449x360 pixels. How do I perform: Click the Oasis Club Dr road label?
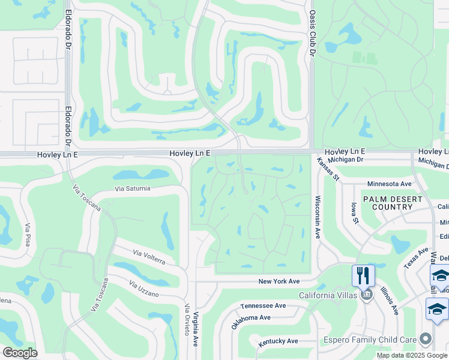tap(312, 33)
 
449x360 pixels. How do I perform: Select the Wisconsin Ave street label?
tap(318, 217)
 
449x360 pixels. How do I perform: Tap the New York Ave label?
tap(279, 281)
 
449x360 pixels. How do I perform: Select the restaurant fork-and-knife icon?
tap(363, 275)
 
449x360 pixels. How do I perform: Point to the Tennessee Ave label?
tap(263, 305)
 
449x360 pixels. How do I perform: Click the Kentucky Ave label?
tap(278, 341)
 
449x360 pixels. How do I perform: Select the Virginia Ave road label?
tap(196, 323)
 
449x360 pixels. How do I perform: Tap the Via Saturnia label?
tap(133, 188)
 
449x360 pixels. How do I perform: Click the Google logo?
tap(20, 353)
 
